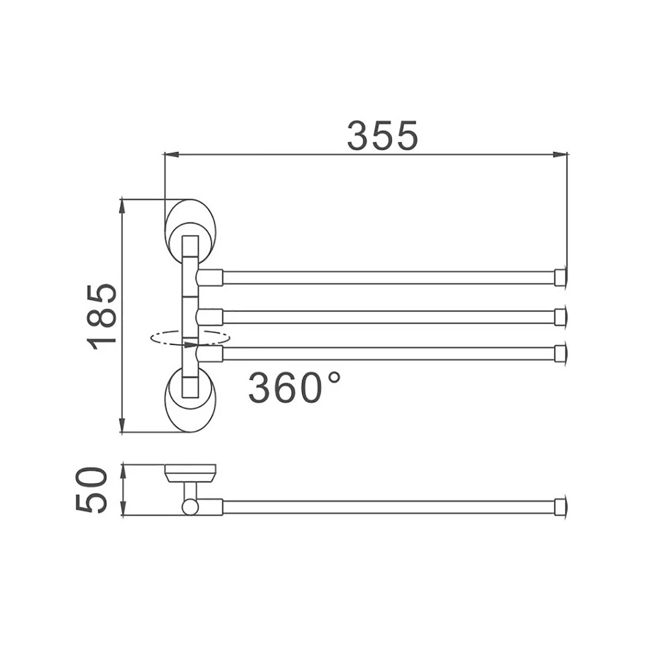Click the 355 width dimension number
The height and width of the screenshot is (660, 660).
tap(382, 135)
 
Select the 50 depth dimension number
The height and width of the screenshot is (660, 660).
tap(91, 490)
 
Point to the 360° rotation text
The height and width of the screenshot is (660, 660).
tap(294, 387)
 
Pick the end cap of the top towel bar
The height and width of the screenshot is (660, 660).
tap(560, 278)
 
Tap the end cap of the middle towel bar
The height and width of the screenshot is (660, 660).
tap(560, 317)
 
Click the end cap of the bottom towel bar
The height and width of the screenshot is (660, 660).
tap(560, 354)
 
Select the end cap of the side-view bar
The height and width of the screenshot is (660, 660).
tap(560, 507)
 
